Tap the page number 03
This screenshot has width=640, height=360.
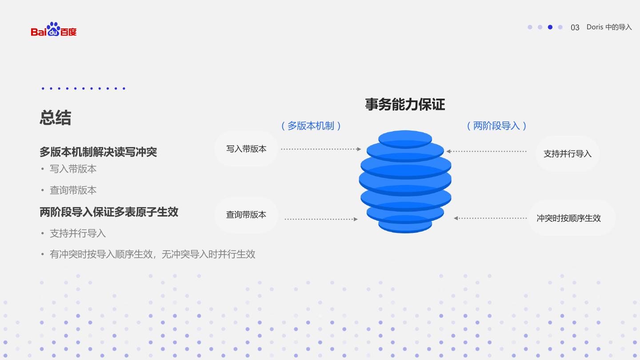pos(575,28)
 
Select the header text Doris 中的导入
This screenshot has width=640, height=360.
pos(609,27)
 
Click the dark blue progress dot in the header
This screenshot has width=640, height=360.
pos(550,27)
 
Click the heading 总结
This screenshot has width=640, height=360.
pos(55,118)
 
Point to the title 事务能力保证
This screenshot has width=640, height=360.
pos(405,104)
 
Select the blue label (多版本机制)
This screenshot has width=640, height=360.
pos(311,126)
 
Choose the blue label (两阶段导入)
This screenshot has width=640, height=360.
pos(496,126)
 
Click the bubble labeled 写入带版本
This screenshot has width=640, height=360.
pos(246,149)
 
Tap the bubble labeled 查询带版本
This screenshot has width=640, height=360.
pos(246,215)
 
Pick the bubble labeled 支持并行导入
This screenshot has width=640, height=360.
pos(568,154)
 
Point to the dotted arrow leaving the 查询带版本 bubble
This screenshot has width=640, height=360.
pos(321,219)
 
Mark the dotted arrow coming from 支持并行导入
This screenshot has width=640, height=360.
pos(487,152)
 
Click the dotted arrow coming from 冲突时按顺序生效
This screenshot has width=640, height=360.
pos(490,218)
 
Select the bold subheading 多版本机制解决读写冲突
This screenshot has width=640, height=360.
pos(98,152)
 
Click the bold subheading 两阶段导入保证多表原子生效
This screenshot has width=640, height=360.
pos(109,212)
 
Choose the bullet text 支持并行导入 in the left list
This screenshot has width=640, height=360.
pos(78,233)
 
